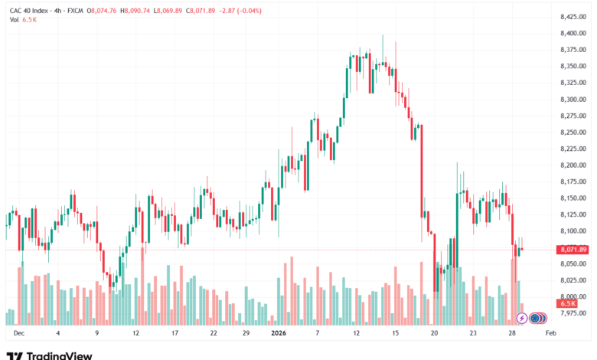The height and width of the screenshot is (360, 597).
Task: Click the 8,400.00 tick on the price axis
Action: pyautogui.click(x=573, y=34)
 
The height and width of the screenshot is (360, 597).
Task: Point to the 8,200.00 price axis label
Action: pyautogui.click(x=573, y=165)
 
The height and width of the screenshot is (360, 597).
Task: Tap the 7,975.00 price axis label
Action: pyautogui.click(x=573, y=313)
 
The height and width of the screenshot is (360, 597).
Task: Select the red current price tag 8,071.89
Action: pyautogui.click(x=573, y=250)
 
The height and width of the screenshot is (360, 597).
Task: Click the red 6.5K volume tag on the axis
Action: pyautogui.click(x=568, y=304)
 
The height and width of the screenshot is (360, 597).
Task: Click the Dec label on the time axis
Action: pyautogui.click(x=19, y=334)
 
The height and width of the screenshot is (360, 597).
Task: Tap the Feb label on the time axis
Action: pyautogui.click(x=550, y=334)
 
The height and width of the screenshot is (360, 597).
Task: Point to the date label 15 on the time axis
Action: pyautogui.click(x=395, y=334)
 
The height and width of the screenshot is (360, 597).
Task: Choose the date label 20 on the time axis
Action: pyautogui.click(x=434, y=334)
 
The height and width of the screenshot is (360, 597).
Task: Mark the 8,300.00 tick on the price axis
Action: pyautogui.click(x=573, y=100)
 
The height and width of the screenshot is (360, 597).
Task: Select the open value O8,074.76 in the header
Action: pyautogui.click(x=102, y=11)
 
